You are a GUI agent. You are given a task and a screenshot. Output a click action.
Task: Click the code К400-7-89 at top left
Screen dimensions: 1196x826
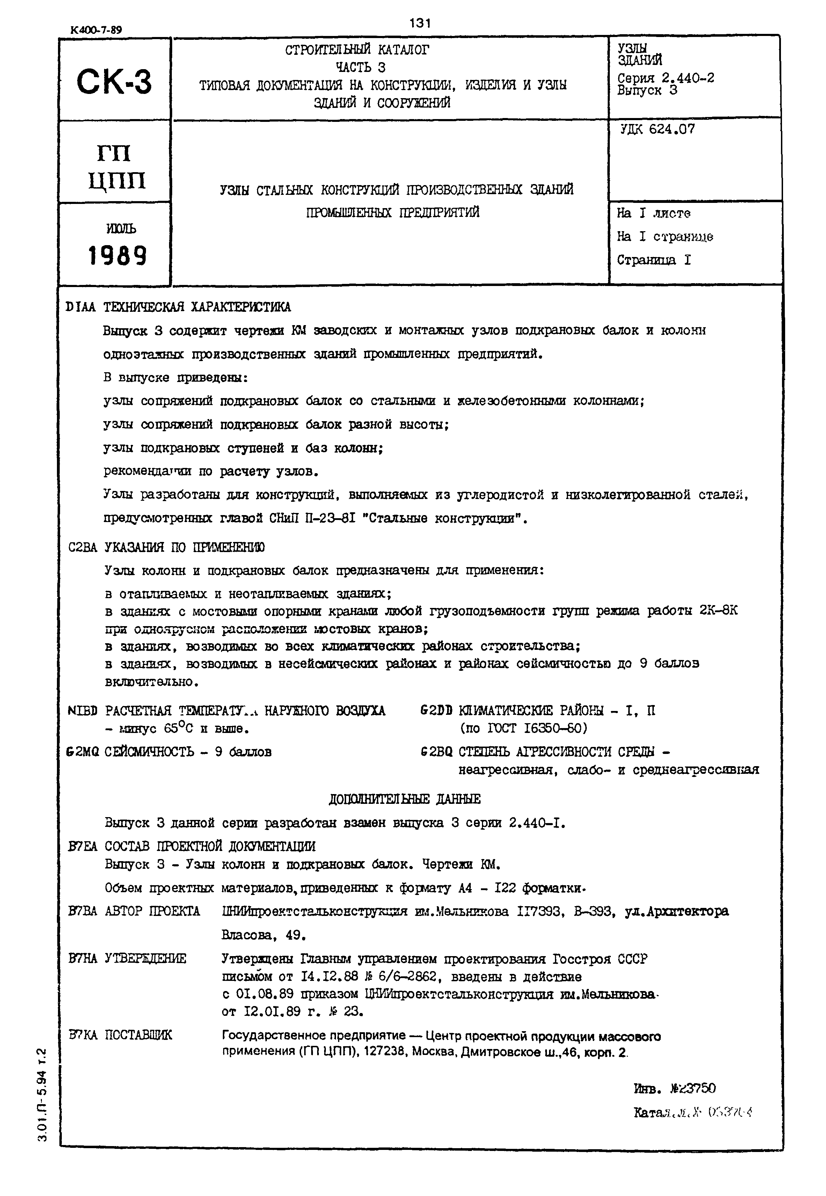click(96, 30)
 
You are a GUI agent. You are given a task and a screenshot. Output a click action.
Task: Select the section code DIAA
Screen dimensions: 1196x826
click(81, 307)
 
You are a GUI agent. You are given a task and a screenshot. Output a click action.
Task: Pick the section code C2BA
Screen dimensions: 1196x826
click(83, 547)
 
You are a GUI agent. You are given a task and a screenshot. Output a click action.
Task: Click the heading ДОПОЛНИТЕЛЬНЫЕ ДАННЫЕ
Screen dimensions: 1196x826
click(405, 799)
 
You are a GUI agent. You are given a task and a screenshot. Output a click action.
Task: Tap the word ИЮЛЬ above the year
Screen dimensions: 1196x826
click(122, 228)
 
